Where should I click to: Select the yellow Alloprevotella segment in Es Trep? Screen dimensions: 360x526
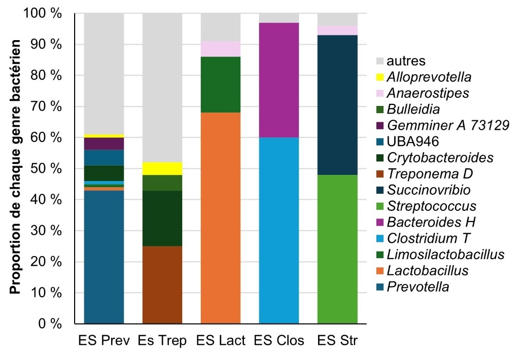click(x=162, y=169)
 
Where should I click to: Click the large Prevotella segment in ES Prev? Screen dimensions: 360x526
click(x=104, y=257)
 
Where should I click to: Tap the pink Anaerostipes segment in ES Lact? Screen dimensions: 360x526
click(x=220, y=49)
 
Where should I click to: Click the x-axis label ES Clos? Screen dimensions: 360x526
click(x=278, y=341)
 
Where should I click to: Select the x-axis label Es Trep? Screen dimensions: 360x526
click(x=162, y=341)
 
